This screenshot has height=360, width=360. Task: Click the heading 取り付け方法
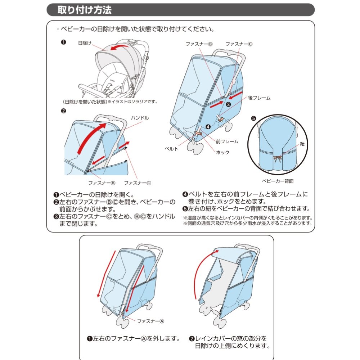tap(85, 10)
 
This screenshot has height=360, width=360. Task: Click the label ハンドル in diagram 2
tap(140, 118)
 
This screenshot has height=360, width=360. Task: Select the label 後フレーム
tap(259, 98)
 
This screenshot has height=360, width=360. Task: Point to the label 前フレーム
tap(227, 141)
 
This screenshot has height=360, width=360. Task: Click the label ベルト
tap(171, 148)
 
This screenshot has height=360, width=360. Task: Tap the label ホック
tap(222, 152)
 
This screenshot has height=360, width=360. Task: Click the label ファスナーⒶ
tap(150, 320)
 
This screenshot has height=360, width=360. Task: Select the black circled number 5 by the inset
tap(253, 118)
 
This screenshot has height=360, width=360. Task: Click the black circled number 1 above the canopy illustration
tap(63, 42)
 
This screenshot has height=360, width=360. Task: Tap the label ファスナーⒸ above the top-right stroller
tap(239, 44)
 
